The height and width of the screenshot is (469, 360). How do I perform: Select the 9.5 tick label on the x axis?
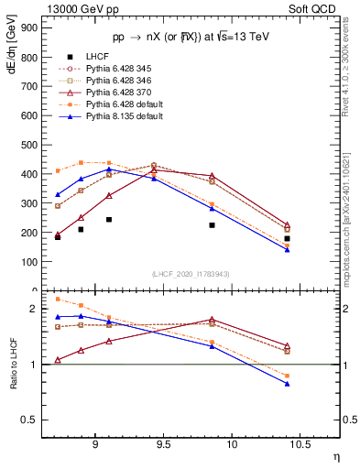click(x=163, y=448)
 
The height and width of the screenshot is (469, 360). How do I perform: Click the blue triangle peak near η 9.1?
click(x=108, y=169)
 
